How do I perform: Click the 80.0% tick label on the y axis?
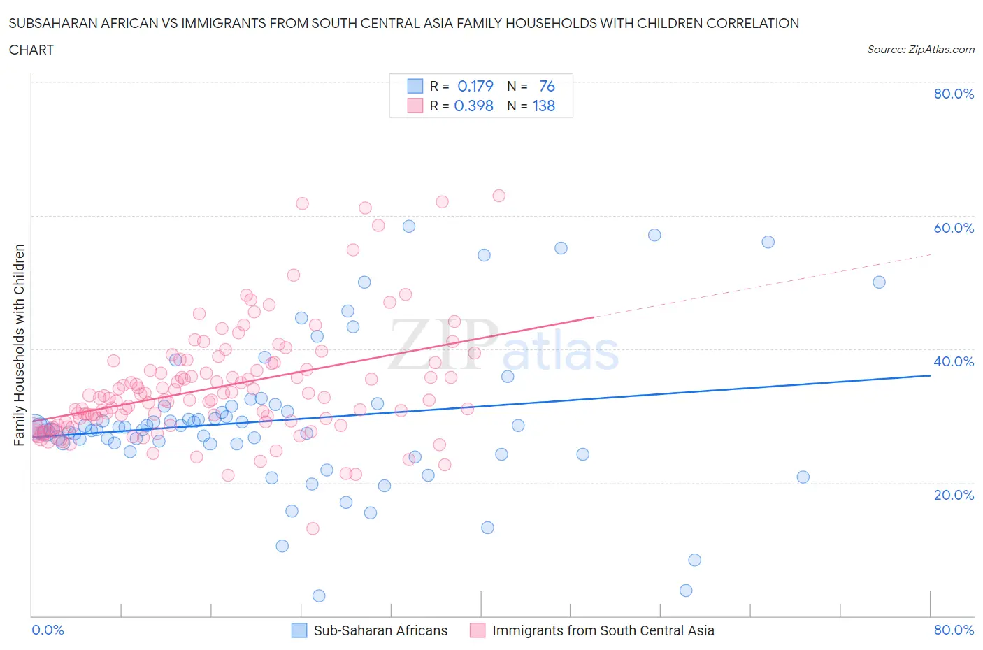(x=954, y=94)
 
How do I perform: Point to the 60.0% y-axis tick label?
(x=954, y=228)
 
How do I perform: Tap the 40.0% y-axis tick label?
(x=954, y=361)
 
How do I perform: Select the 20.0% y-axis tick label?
(x=954, y=495)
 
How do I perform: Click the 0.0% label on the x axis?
(x=48, y=630)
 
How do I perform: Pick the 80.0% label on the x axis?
(x=954, y=630)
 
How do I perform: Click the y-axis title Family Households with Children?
(x=19, y=345)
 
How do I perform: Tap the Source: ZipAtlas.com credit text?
(x=920, y=50)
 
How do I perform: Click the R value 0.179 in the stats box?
(x=475, y=86)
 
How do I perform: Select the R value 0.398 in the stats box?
(x=473, y=106)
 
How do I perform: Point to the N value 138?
(x=543, y=106)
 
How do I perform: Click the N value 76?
(x=547, y=86)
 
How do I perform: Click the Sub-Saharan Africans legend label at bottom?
(x=380, y=630)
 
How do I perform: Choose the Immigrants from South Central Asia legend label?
(x=603, y=630)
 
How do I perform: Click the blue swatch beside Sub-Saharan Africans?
(x=299, y=630)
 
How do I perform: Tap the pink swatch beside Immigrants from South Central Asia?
(x=478, y=630)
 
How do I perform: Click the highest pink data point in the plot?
(x=498, y=196)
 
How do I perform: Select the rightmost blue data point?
(x=879, y=282)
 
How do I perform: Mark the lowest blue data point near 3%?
(x=319, y=595)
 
